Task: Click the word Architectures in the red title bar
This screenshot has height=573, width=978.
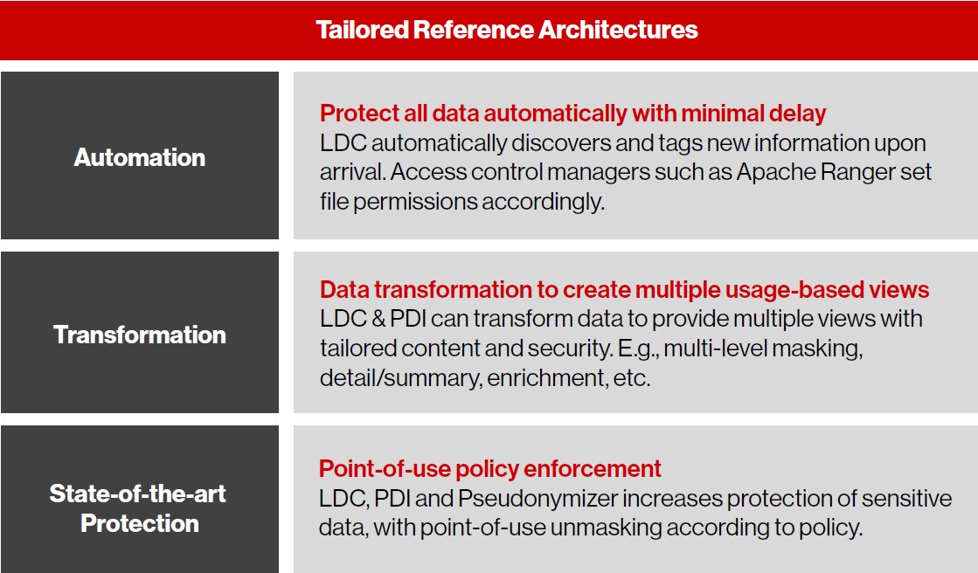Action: [618, 30]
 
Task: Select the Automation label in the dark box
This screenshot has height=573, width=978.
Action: [140, 158]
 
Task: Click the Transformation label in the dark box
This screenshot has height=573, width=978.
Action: [140, 335]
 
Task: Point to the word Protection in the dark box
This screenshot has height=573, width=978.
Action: [140, 524]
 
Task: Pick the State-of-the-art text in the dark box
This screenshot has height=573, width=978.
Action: [138, 494]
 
